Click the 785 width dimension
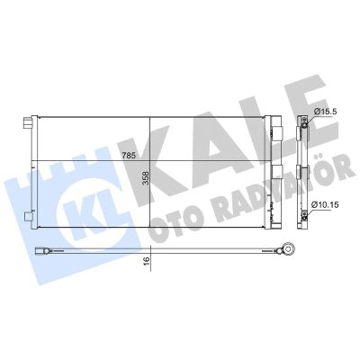129,156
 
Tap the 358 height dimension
146,178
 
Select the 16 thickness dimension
147,260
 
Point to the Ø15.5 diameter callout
326,112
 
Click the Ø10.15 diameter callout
325,205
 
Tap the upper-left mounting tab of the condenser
28,123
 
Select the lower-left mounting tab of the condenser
28,217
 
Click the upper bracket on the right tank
277,131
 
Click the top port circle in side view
304,125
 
